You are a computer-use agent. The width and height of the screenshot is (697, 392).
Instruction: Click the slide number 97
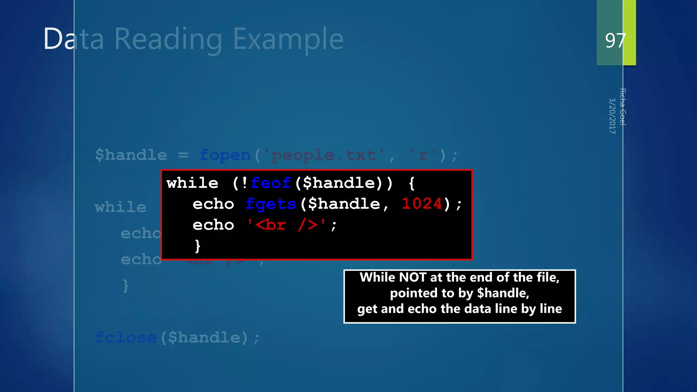pyautogui.click(x=615, y=40)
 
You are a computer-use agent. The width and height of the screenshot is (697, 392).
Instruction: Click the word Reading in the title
pyautogui.click(x=168, y=39)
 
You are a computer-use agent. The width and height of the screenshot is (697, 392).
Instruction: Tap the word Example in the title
pyautogui.click(x=288, y=39)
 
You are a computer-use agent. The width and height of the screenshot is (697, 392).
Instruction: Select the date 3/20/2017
pyautogui.click(x=612, y=116)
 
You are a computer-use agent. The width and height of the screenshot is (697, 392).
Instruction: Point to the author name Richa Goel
pyautogui.click(x=622, y=107)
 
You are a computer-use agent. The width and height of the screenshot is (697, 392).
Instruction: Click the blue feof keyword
pyautogui.click(x=271, y=183)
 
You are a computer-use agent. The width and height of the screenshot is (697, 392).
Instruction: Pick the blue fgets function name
pyautogui.click(x=271, y=204)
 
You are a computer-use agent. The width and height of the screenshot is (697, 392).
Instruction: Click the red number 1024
pyautogui.click(x=422, y=204)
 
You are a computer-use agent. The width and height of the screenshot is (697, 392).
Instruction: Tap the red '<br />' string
pyautogui.click(x=286, y=225)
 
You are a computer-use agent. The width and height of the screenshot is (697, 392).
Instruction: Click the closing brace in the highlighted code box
pyautogui.click(x=197, y=246)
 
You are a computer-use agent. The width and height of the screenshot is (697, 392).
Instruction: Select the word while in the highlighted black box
pyautogui.click(x=192, y=183)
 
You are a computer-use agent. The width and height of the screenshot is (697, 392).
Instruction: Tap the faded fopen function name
pyautogui.click(x=225, y=155)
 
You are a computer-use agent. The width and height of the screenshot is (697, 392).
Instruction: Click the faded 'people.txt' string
pyautogui.click(x=323, y=155)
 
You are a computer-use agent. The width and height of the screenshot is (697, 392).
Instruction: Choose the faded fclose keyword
pyautogui.click(x=126, y=338)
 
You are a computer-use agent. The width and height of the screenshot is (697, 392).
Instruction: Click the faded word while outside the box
pyautogui.click(x=120, y=207)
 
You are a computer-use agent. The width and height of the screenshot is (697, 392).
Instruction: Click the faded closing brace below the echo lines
pyautogui.click(x=126, y=285)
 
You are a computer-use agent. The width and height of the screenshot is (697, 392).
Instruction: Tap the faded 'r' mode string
pyautogui.click(x=423, y=155)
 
